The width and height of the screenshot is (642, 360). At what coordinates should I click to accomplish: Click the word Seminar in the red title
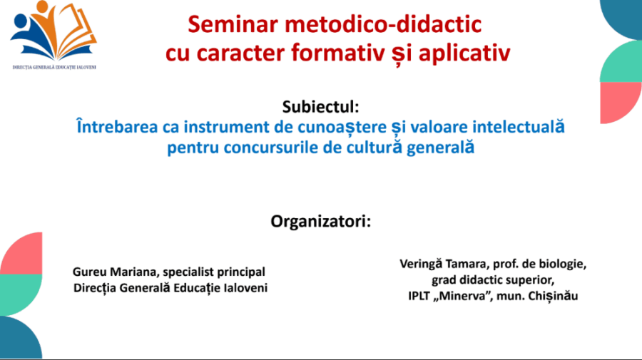[x=233, y=24]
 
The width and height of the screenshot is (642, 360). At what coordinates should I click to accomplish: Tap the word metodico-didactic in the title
[x=383, y=24]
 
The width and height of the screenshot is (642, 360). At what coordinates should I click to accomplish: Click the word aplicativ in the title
[x=464, y=53]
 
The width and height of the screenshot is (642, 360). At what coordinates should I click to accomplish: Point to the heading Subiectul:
[x=320, y=107]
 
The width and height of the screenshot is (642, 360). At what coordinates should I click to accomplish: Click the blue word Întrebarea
[x=117, y=126]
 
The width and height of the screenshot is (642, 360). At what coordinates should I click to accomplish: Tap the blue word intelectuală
[x=519, y=126]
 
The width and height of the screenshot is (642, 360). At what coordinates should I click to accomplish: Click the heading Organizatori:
[x=320, y=221]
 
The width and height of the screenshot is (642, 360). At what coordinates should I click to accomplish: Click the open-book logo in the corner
[x=53, y=31]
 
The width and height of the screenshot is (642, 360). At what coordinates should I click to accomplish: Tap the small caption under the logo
[x=54, y=67]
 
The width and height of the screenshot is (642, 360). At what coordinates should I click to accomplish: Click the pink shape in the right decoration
[x=621, y=103]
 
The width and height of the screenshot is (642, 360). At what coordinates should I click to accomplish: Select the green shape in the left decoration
[x=21, y=295]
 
